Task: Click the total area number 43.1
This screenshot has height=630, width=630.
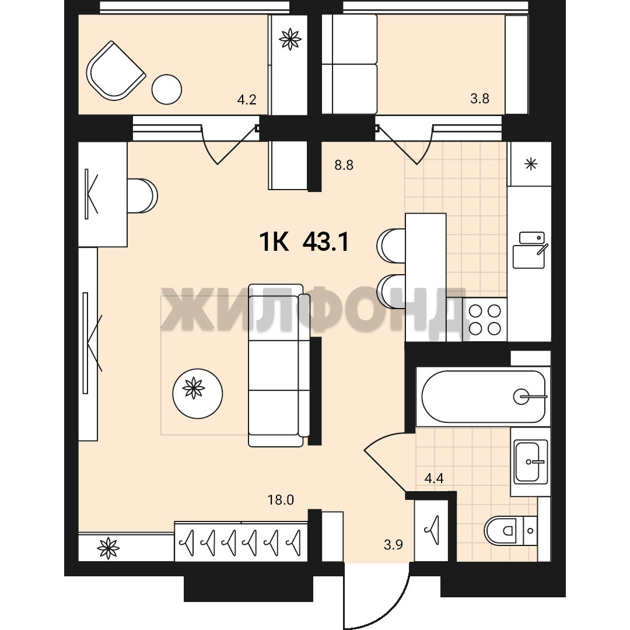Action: pyautogui.click(x=325, y=242)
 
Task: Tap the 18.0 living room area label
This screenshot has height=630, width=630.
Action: pyautogui.click(x=281, y=500)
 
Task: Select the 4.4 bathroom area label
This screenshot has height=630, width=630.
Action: pyautogui.click(x=434, y=478)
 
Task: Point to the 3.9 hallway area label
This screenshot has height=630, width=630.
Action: pyautogui.click(x=393, y=545)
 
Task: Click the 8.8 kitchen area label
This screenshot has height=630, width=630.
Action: pyautogui.click(x=344, y=165)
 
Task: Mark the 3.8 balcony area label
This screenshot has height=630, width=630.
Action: pyautogui.click(x=480, y=99)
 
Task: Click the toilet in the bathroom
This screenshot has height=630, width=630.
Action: pyautogui.click(x=510, y=530)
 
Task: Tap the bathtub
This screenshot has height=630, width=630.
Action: pyautogui.click(x=484, y=397)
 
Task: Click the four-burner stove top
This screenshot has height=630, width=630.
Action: pyautogui.click(x=485, y=320)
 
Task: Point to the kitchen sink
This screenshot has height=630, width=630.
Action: pyautogui.click(x=529, y=250)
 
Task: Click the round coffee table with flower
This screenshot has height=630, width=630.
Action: pyautogui.click(x=197, y=394)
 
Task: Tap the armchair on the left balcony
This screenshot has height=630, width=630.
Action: pyautogui.click(x=116, y=71)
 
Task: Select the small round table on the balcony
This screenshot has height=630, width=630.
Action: pyautogui.click(x=167, y=90)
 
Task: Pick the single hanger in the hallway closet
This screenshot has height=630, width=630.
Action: pyautogui.click(x=432, y=530)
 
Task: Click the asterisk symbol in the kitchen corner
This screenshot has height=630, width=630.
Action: pyautogui.click(x=531, y=164)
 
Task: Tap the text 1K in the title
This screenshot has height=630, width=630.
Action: pyautogui.click(x=274, y=242)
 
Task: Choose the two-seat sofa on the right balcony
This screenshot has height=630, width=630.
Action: pyautogui.click(x=349, y=64)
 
